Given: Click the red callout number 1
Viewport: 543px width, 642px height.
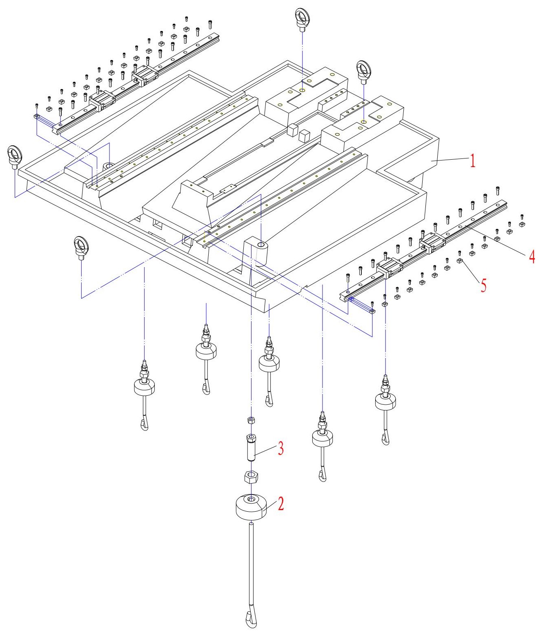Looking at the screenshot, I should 472,160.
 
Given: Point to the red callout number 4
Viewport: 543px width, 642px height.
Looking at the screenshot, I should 532,256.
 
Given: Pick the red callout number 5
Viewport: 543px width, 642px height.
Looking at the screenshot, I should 483,285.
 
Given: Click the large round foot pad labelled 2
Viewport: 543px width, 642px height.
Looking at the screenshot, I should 251,508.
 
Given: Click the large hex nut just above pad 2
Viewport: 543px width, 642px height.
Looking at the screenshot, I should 250,476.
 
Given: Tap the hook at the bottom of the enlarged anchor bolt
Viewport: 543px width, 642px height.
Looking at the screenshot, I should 251,619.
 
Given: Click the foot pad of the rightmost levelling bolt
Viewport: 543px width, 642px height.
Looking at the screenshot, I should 385,401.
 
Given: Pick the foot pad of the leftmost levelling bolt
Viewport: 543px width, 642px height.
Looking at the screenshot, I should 144,386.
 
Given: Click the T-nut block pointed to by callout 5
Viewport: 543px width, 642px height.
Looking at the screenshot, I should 459,261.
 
